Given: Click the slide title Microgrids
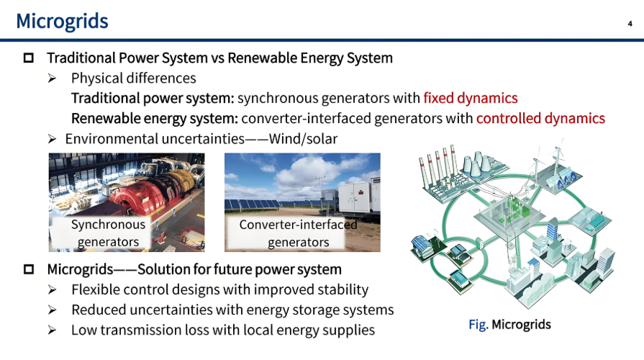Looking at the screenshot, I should [62, 21].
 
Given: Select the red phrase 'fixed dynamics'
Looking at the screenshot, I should [471, 98].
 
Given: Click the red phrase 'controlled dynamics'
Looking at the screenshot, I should [540, 118].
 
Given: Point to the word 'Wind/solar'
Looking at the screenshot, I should [303, 138].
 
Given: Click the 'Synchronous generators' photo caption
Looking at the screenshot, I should [108, 233].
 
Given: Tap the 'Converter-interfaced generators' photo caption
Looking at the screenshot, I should [298, 233].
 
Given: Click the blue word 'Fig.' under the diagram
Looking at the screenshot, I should [478, 325].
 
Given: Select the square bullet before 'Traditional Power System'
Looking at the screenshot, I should [29, 58].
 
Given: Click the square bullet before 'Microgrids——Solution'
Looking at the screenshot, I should [29, 270].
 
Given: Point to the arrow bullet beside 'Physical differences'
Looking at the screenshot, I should [53, 78].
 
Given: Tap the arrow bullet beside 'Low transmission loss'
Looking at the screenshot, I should [53, 330].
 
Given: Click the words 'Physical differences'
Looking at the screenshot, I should [133, 78].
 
